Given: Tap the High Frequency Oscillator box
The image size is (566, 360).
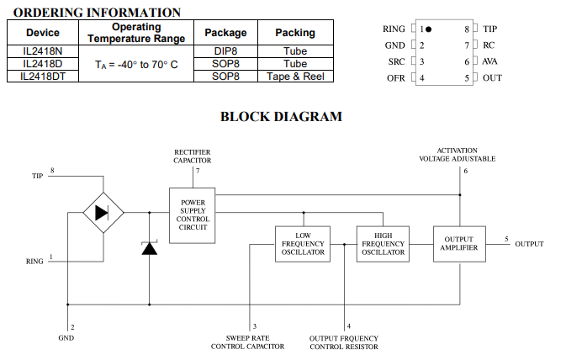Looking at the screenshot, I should [x=382, y=243].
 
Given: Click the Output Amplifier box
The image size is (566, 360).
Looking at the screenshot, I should [x=459, y=243].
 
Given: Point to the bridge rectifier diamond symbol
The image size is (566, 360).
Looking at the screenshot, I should [x=102, y=213].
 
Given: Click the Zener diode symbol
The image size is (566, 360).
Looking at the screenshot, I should [x=149, y=248].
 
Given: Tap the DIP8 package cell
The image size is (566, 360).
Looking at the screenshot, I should [x=225, y=51].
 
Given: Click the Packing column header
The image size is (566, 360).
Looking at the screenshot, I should [x=294, y=33].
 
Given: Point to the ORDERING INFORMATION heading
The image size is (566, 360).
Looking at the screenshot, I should [x=98, y=13].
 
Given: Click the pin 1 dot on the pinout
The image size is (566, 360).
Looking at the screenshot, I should [x=428, y=29].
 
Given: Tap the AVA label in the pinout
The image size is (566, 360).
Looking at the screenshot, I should [x=489, y=61].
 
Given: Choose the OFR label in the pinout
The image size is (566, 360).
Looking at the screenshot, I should [x=396, y=78].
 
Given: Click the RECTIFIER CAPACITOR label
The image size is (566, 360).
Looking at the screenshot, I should [x=193, y=155].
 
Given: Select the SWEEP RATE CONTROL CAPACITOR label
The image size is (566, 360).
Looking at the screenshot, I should [x=247, y=341].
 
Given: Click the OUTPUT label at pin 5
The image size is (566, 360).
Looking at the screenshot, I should [x=529, y=244].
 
